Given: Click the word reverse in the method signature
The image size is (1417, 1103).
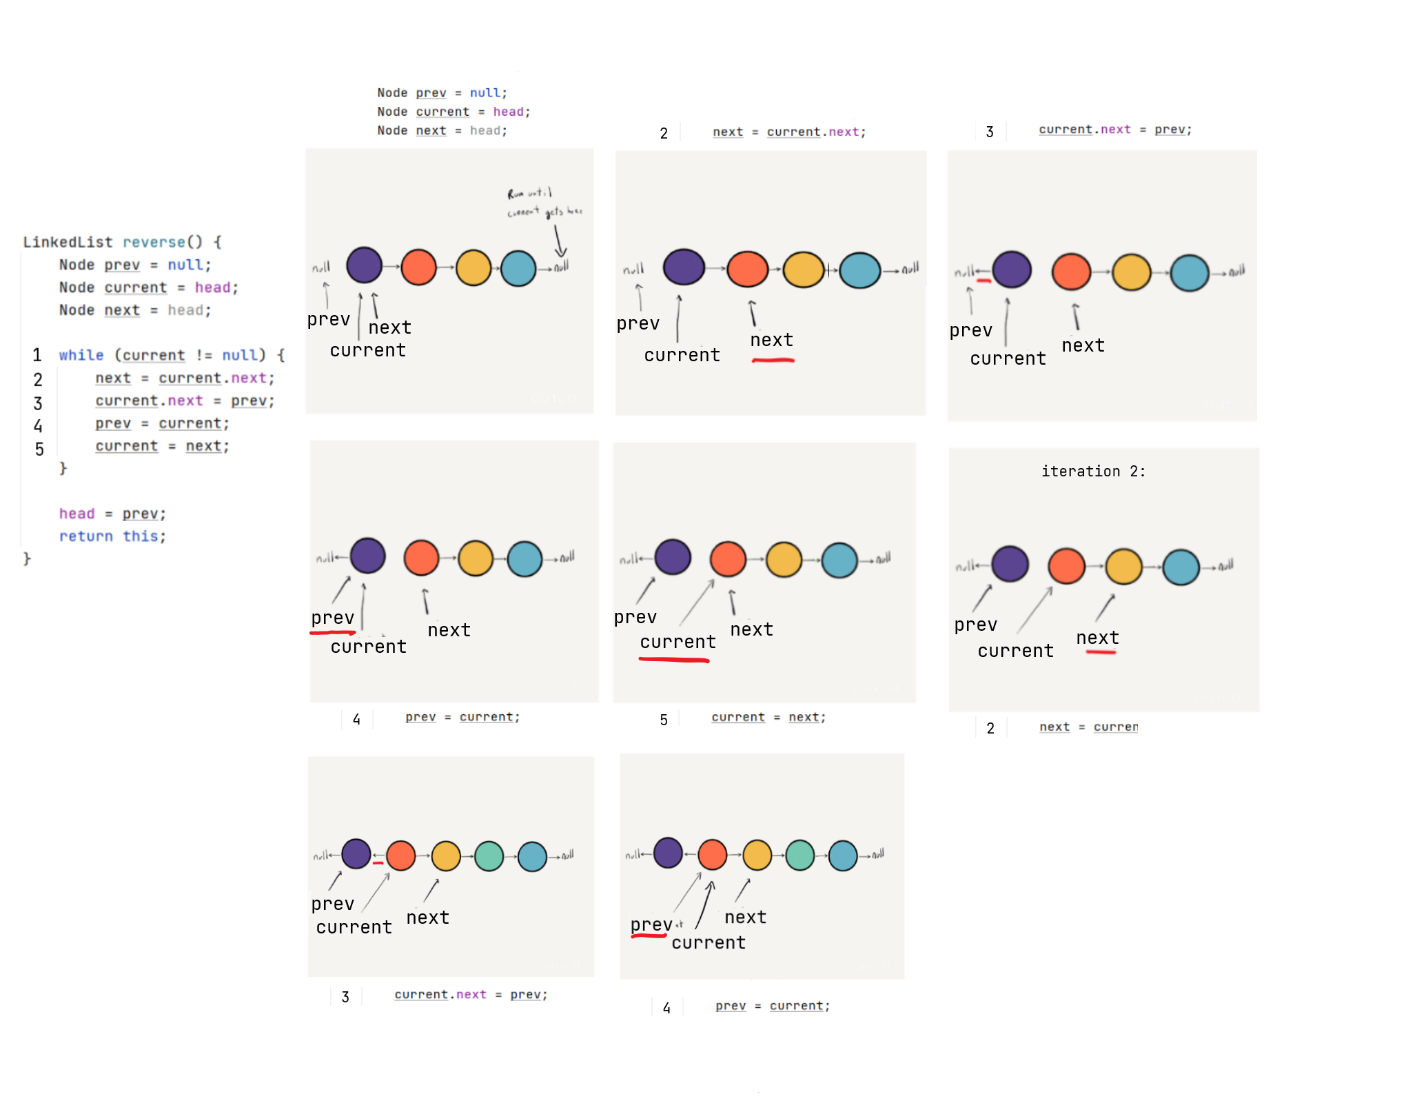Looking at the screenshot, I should [154, 242].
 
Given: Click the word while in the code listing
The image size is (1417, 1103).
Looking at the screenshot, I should [81, 355].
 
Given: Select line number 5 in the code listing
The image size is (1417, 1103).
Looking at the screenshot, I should [39, 449].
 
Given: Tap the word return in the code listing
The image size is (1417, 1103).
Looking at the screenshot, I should [85, 536].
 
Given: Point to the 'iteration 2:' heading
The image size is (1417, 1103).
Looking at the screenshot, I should [1093, 472].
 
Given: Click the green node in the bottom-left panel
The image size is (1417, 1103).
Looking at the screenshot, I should [489, 856].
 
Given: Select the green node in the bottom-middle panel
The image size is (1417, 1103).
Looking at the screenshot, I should [800, 855].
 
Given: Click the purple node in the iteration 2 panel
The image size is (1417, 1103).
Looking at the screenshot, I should [1010, 564].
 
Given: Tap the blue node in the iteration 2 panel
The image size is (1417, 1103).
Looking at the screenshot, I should [1181, 567].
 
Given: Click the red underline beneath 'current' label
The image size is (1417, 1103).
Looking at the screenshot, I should [674, 660].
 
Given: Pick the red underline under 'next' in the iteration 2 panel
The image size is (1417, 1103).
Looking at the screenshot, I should [1101, 651].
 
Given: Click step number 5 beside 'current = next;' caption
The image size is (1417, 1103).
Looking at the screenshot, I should [664, 720].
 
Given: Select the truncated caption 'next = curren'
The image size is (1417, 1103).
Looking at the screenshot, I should [1088, 727].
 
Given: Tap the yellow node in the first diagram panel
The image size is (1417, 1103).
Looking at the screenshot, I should [473, 268].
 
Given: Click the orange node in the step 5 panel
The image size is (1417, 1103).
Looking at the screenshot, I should [728, 558].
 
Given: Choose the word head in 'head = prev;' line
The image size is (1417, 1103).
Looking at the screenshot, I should [77, 514].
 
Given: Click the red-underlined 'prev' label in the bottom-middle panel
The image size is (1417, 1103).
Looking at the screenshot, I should [651, 924].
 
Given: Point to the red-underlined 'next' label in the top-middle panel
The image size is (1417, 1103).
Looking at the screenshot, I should [771, 340].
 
